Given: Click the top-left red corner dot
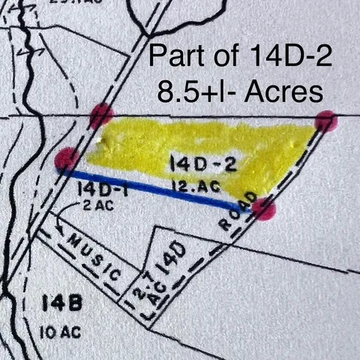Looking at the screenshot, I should (100, 115).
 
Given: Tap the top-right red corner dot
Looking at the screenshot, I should (325, 121).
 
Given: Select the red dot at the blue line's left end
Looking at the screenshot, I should (67, 159).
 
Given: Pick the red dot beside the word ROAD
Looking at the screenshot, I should (263, 208).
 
